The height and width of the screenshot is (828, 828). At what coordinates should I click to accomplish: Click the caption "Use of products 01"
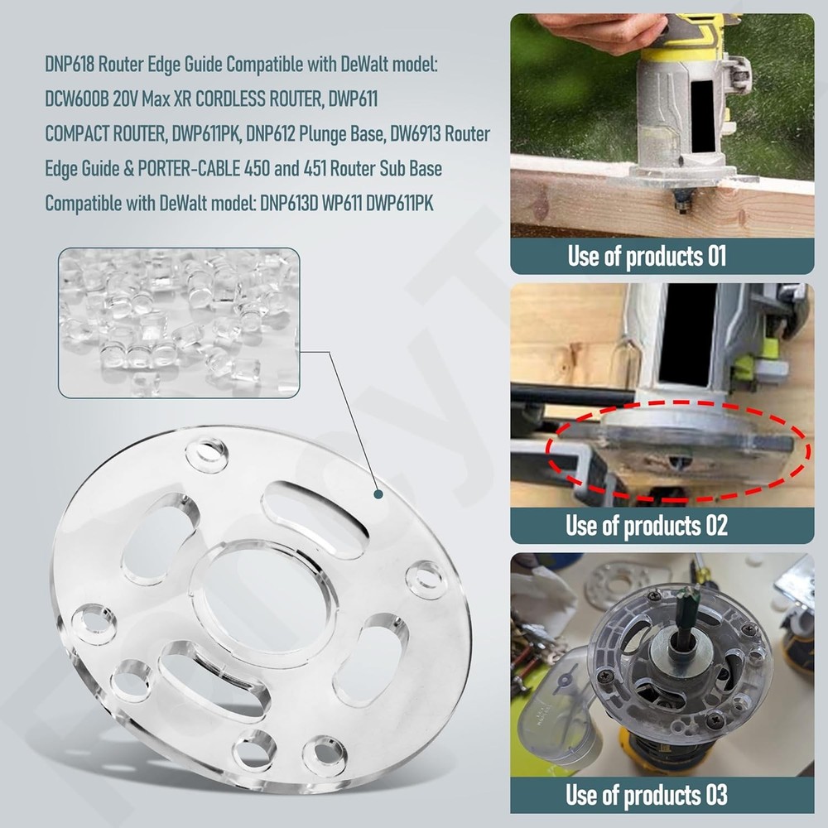click(647, 256)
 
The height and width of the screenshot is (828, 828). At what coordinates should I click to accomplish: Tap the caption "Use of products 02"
click(647, 525)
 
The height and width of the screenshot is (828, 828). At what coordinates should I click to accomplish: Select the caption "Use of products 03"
click(647, 796)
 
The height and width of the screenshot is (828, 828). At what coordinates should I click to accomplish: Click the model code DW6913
click(418, 134)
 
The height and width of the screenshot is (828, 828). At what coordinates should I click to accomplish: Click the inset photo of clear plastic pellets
click(179, 323)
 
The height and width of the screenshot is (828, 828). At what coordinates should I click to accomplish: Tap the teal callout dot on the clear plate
click(378, 494)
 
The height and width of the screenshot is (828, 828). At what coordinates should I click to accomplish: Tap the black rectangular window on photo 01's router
click(702, 117)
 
